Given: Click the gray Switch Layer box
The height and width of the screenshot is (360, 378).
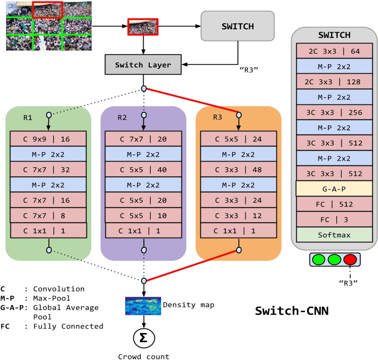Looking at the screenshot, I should pyautogui.click(x=143, y=65).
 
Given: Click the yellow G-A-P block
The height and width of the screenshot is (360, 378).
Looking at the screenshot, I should pyautogui.click(x=334, y=189).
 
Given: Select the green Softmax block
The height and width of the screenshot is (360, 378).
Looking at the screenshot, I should pyautogui.click(x=334, y=234).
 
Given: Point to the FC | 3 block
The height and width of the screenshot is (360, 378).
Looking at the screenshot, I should pyautogui.click(x=334, y=219).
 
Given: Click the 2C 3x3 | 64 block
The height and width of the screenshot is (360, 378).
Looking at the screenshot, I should pyautogui.click(x=334, y=51).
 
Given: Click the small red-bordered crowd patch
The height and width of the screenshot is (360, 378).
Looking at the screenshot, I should pyautogui.click(x=143, y=27).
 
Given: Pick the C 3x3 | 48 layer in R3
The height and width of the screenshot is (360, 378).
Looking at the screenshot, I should pyautogui.click(x=239, y=169).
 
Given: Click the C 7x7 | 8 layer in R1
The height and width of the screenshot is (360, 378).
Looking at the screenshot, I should pyautogui.click(x=48, y=215).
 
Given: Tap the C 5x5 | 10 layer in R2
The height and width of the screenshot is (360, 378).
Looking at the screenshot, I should pyautogui.click(x=144, y=215).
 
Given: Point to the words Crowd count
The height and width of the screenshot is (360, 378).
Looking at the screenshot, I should pyautogui.click(x=143, y=357).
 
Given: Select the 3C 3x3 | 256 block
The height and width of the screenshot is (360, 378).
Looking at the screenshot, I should pyautogui.click(x=334, y=112).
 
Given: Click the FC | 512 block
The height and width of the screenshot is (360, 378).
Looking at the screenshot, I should pyautogui.click(x=334, y=204).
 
